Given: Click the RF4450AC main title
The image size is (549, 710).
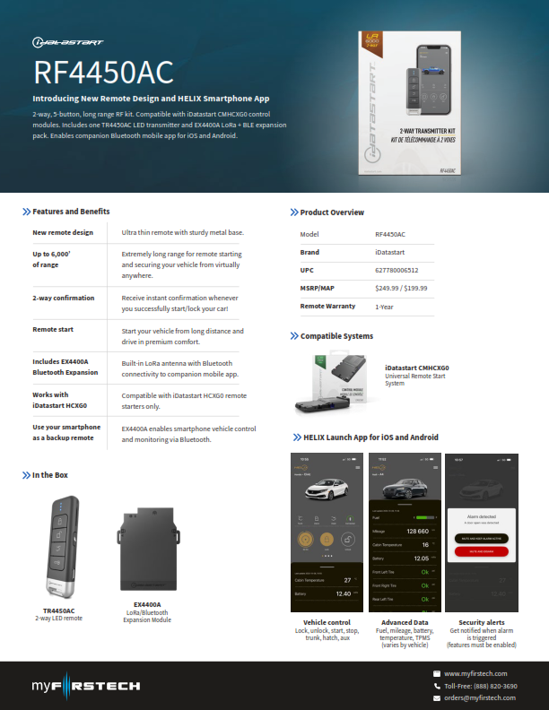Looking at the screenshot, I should click(x=103, y=72).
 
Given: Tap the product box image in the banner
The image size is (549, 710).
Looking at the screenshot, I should click(x=413, y=103).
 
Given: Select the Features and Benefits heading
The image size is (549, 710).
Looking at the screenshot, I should click(x=71, y=212).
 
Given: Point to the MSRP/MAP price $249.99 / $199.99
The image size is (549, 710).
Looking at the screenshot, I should click(x=402, y=289).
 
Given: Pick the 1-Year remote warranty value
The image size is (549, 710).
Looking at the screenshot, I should click(x=386, y=307).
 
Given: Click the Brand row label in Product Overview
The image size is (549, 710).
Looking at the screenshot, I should click(x=309, y=252).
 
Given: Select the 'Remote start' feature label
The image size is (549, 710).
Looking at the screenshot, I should click(x=54, y=330).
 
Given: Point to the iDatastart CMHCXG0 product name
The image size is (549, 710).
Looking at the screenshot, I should click(x=417, y=368).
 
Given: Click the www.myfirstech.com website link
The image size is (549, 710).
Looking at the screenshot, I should click(x=475, y=673).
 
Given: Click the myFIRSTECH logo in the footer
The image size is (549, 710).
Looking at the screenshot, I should click(x=86, y=686).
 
